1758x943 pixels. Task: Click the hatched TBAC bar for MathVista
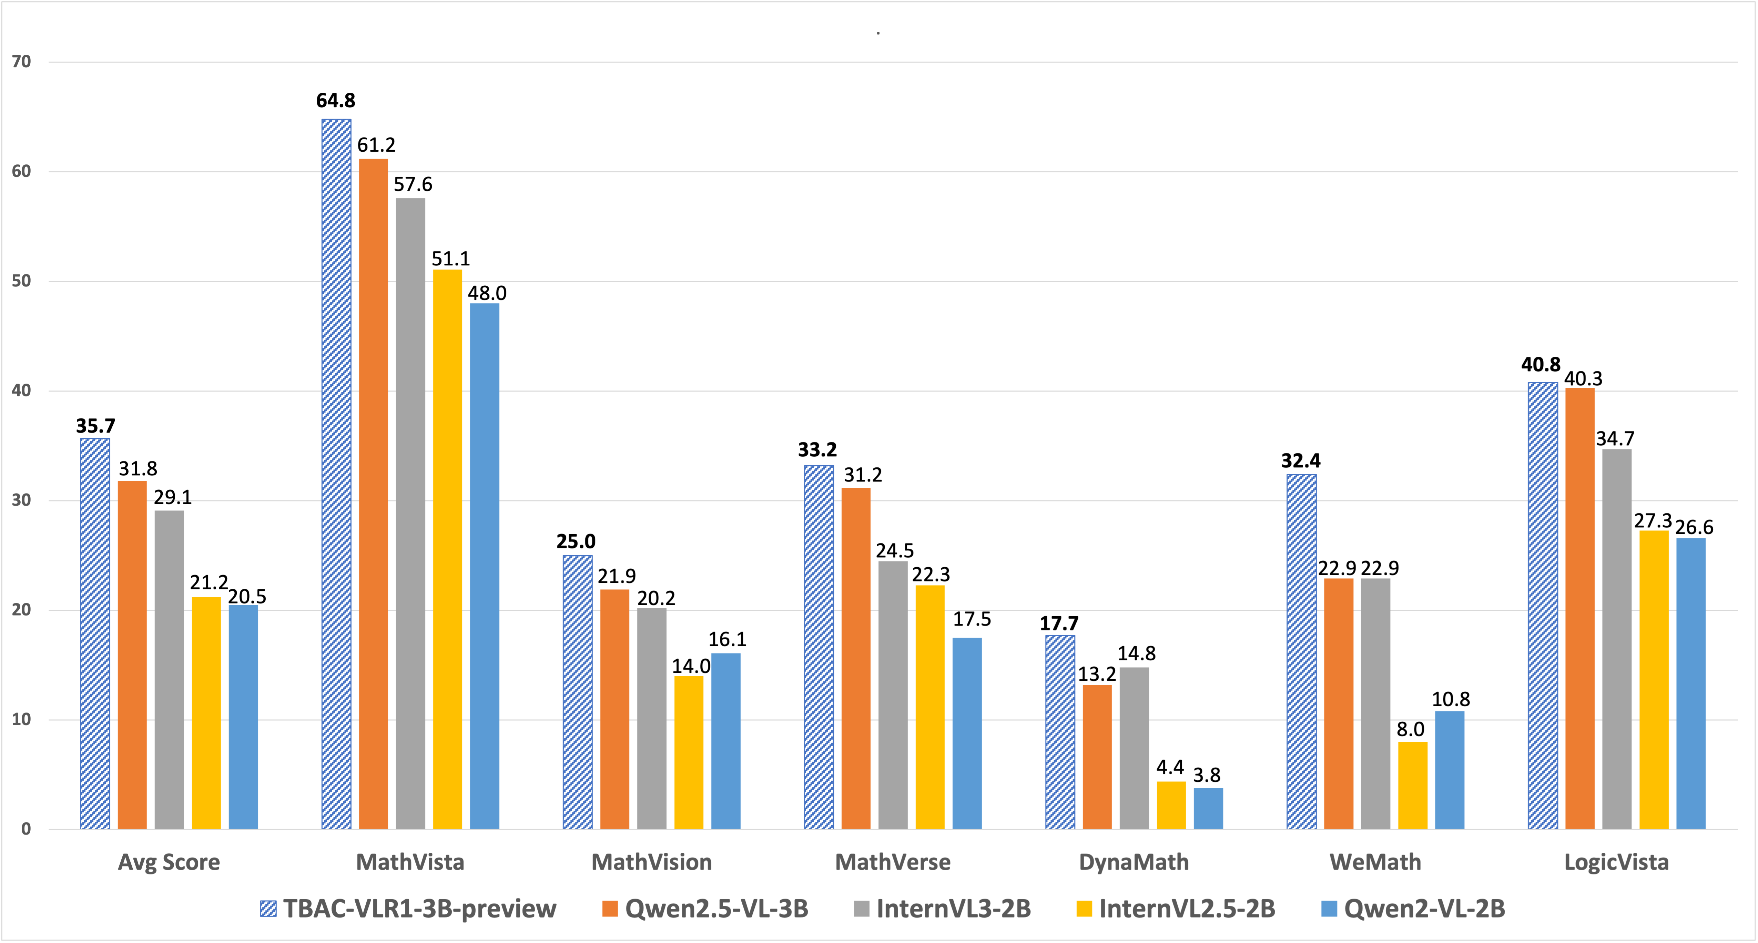tap(336, 474)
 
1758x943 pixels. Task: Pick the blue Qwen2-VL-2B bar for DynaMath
tap(1208, 809)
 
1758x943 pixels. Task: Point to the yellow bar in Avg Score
tap(206, 713)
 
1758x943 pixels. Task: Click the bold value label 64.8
tap(336, 101)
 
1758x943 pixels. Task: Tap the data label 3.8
tap(1207, 775)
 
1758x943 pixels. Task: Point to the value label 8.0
tap(1411, 729)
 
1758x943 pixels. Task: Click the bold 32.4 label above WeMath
tap(1301, 461)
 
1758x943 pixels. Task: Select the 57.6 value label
tap(413, 184)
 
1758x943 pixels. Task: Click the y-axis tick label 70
tap(22, 62)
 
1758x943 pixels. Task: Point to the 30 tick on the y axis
tap(22, 500)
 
